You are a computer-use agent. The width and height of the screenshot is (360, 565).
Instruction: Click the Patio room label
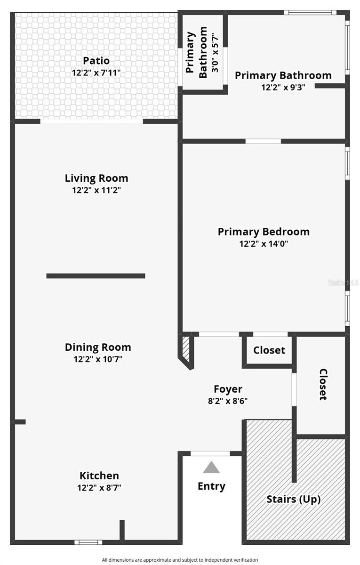pyautogui.click(x=96, y=61)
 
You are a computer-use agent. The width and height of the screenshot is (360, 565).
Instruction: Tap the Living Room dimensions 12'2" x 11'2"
pyautogui.click(x=96, y=190)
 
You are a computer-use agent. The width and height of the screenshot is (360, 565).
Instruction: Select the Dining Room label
pyautogui.click(x=98, y=347)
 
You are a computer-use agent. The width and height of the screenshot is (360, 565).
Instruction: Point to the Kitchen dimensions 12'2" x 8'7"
pyautogui.click(x=99, y=488)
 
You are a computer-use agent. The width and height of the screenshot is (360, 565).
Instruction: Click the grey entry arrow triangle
pyautogui.click(x=211, y=468)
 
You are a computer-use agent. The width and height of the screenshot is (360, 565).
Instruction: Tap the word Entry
pyautogui.click(x=211, y=486)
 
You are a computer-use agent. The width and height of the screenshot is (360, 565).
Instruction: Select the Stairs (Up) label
pyautogui.click(x=294, y=499)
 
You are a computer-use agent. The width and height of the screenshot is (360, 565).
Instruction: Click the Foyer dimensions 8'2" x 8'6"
pyautogui.click(x=228, y=401)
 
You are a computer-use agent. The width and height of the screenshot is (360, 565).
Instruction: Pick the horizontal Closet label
pyautogui.click(x=269, y=350)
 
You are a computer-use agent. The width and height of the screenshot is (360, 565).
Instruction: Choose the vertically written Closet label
pyautogui.click(x=323, y=384)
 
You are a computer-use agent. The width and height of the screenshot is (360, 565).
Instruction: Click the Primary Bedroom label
pyautogui.click(x=264, y=232)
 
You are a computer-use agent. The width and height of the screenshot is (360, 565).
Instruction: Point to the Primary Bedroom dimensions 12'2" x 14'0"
pyautogui.click(x=264, y=244)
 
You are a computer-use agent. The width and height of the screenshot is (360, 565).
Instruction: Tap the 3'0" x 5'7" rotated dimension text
pyautogui.click(x=215, y=52)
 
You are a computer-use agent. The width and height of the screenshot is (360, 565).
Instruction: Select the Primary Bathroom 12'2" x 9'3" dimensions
pyautogui.click(x=283, y=87)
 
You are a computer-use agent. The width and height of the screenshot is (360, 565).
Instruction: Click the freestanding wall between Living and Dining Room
pyautogui.click(x=96, y=276)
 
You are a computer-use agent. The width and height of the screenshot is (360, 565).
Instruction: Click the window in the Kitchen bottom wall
pyautogui.click(x=88, y=542)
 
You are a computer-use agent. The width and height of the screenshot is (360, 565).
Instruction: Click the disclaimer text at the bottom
pyautogui.click(x=180, y=560)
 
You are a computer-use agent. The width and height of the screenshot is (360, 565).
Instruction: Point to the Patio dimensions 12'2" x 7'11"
pyautogui.click(x=96, y=73)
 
